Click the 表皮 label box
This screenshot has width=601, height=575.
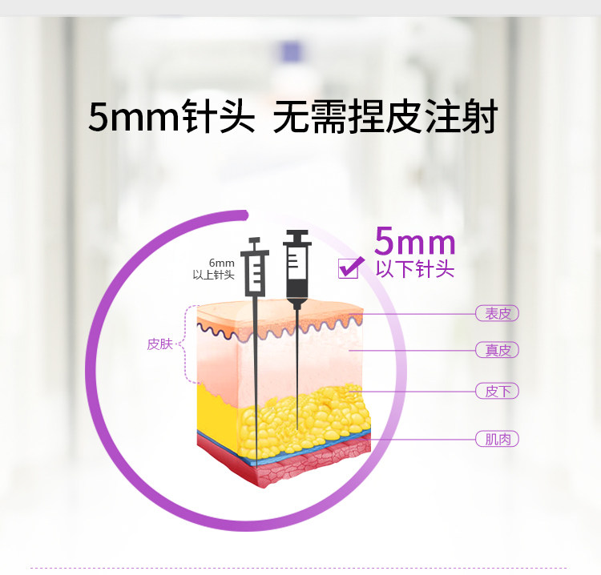click(497, 313)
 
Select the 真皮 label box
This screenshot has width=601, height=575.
click(497, 350)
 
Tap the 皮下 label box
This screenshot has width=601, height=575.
click(497, 391)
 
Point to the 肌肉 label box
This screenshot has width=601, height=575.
click(497, 439)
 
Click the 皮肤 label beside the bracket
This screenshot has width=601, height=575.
click(159, 344)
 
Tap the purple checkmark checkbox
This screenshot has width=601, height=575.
click(349, 268)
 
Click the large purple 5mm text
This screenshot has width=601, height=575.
click(415, 241)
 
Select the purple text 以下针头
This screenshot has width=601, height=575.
click(415, 269)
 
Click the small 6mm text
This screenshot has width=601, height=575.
click(221, 263)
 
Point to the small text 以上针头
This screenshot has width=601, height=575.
click(213, 275)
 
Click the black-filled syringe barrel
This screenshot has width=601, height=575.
click(296, 272)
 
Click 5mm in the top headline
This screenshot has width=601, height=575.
click(132, 118)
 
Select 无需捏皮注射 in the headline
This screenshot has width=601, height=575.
click(385, 118)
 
